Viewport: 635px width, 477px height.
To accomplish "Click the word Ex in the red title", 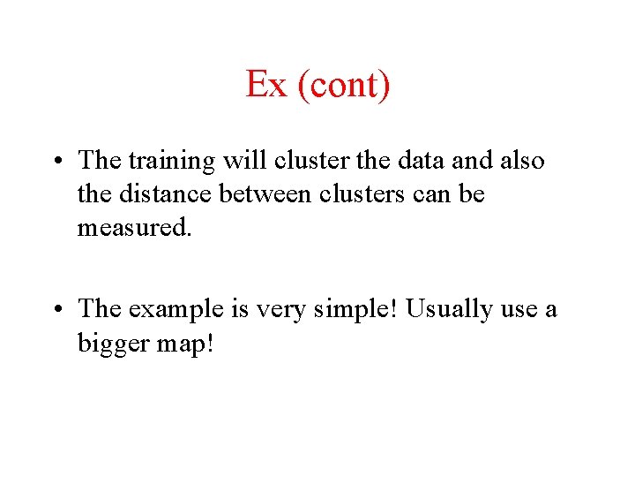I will coord(266,85).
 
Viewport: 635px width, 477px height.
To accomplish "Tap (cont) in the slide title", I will coord(343,86).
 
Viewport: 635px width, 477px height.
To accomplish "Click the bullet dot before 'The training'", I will coord(56,162).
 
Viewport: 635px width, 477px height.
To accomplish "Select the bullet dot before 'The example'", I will coord(56,309).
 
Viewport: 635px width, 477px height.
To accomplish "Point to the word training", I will coord(172,163).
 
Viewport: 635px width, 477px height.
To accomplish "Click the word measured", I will coord(131,227).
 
